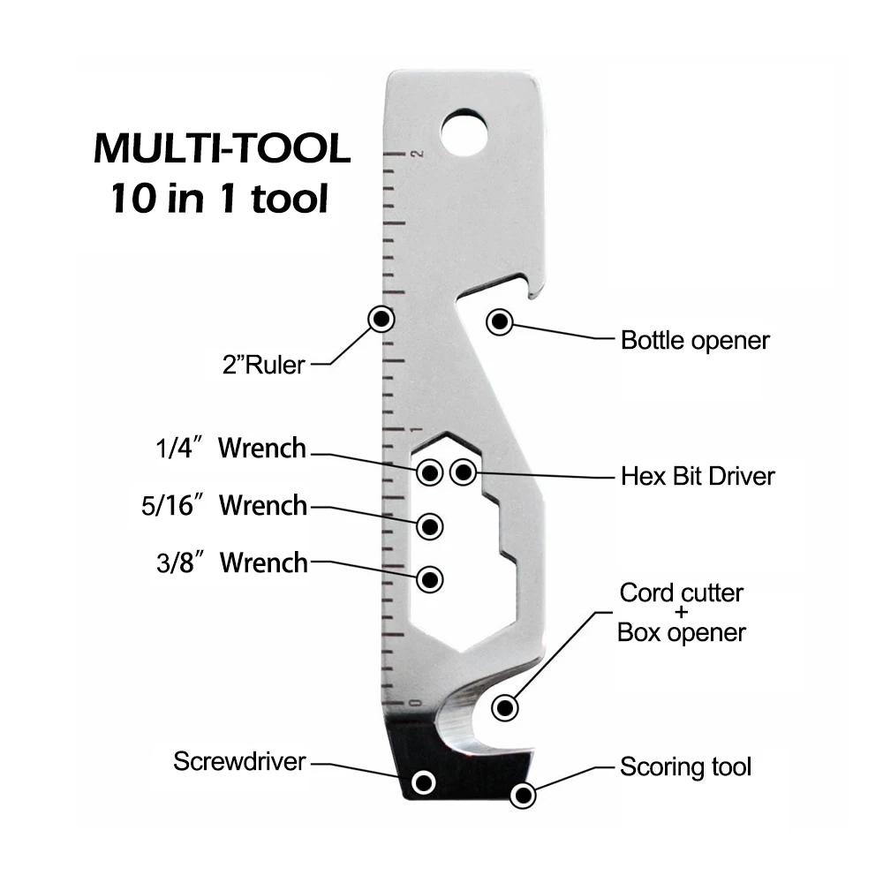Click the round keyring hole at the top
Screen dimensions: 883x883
click(464, 131)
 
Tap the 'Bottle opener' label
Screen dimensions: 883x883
click(695, 340)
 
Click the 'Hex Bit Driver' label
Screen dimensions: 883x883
click(698, 476)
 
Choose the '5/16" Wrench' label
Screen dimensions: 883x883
click(224, 506)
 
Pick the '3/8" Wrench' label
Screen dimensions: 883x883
click(232, 562)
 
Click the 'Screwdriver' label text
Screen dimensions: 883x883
click(239, 761)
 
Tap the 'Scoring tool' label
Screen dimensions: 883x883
click(685, 766)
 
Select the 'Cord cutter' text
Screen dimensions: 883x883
click(681, 592)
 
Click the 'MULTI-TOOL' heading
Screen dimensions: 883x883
click(222, 148)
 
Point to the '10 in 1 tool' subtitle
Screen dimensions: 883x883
click(219, 199)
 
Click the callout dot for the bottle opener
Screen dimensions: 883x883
click(499, 321)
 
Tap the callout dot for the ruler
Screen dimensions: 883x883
click(381, 319)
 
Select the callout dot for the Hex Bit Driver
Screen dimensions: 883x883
click(464, 472)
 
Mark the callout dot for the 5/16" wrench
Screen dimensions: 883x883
click(430, 526)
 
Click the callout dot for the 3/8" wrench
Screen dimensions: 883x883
click(430, 579)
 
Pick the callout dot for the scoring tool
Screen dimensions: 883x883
click(524, 796)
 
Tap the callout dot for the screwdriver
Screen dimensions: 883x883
click(425, 782)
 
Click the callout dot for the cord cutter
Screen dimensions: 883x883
click(505, 706)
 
